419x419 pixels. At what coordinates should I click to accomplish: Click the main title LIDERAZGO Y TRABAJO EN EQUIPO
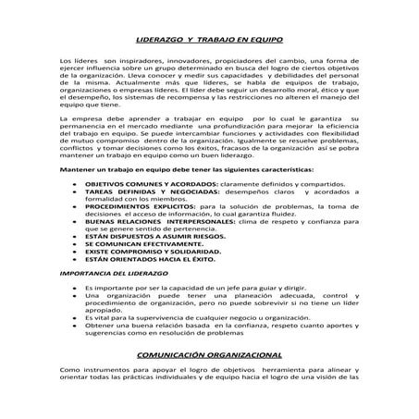click(209, 41)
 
